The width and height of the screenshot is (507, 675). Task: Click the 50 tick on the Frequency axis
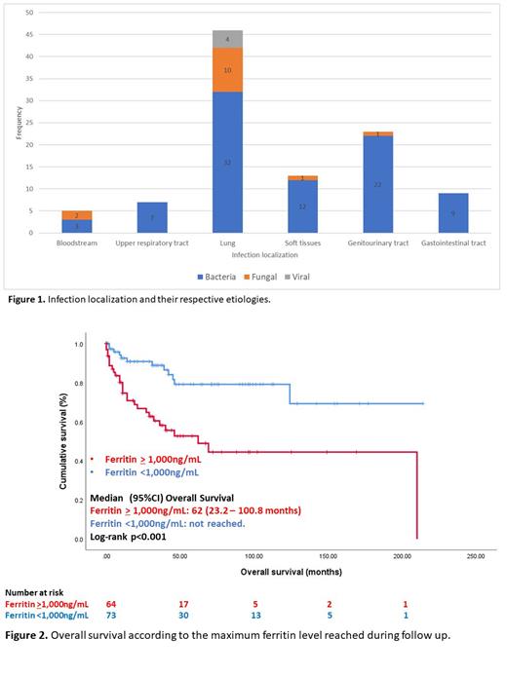(29, 14)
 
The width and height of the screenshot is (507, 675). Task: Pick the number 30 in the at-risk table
(182, 616)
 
